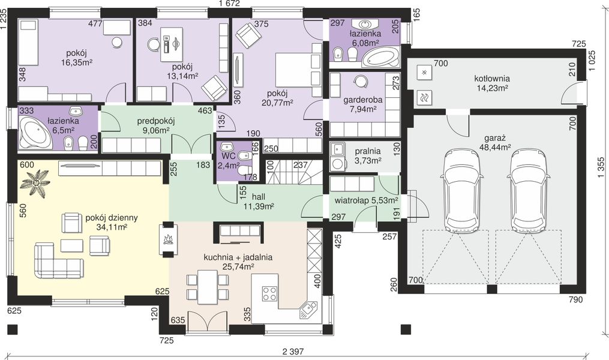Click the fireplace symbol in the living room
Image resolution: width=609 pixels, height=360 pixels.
click(x=168, y=239)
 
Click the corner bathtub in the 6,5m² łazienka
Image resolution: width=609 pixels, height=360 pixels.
click(x=35, y=132)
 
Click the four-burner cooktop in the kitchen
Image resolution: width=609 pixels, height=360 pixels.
click(x=269, y=293)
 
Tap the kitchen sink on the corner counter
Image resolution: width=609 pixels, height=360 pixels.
click(x=308, y=309)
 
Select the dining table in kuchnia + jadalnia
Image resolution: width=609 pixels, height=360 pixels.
click(x=208, y=287)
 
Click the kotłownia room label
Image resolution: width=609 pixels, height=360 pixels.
click(x=492, y=79)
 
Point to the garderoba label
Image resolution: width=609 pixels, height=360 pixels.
click(x=363, y=100)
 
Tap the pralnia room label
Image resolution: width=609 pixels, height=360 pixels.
click(x=367, y=151)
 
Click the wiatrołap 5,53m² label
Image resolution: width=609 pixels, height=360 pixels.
click(x=366, y=200)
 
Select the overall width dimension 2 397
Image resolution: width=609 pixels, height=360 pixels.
click(x=293, y=352)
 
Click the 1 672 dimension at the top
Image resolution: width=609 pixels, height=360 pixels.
click(x=229, y=4)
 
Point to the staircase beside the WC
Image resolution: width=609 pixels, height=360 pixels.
click(x=295, y=172)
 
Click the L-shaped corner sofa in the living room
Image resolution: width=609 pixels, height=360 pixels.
click(x=59, y=261)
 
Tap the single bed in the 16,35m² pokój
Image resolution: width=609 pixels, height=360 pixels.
click(x=29, y=43)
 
